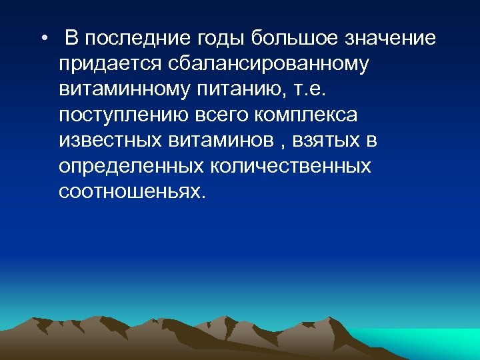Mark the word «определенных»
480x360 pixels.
[x=133, y=166]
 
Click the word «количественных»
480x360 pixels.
[x=293, y=166]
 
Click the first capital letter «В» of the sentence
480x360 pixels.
[x=72, y=39]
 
